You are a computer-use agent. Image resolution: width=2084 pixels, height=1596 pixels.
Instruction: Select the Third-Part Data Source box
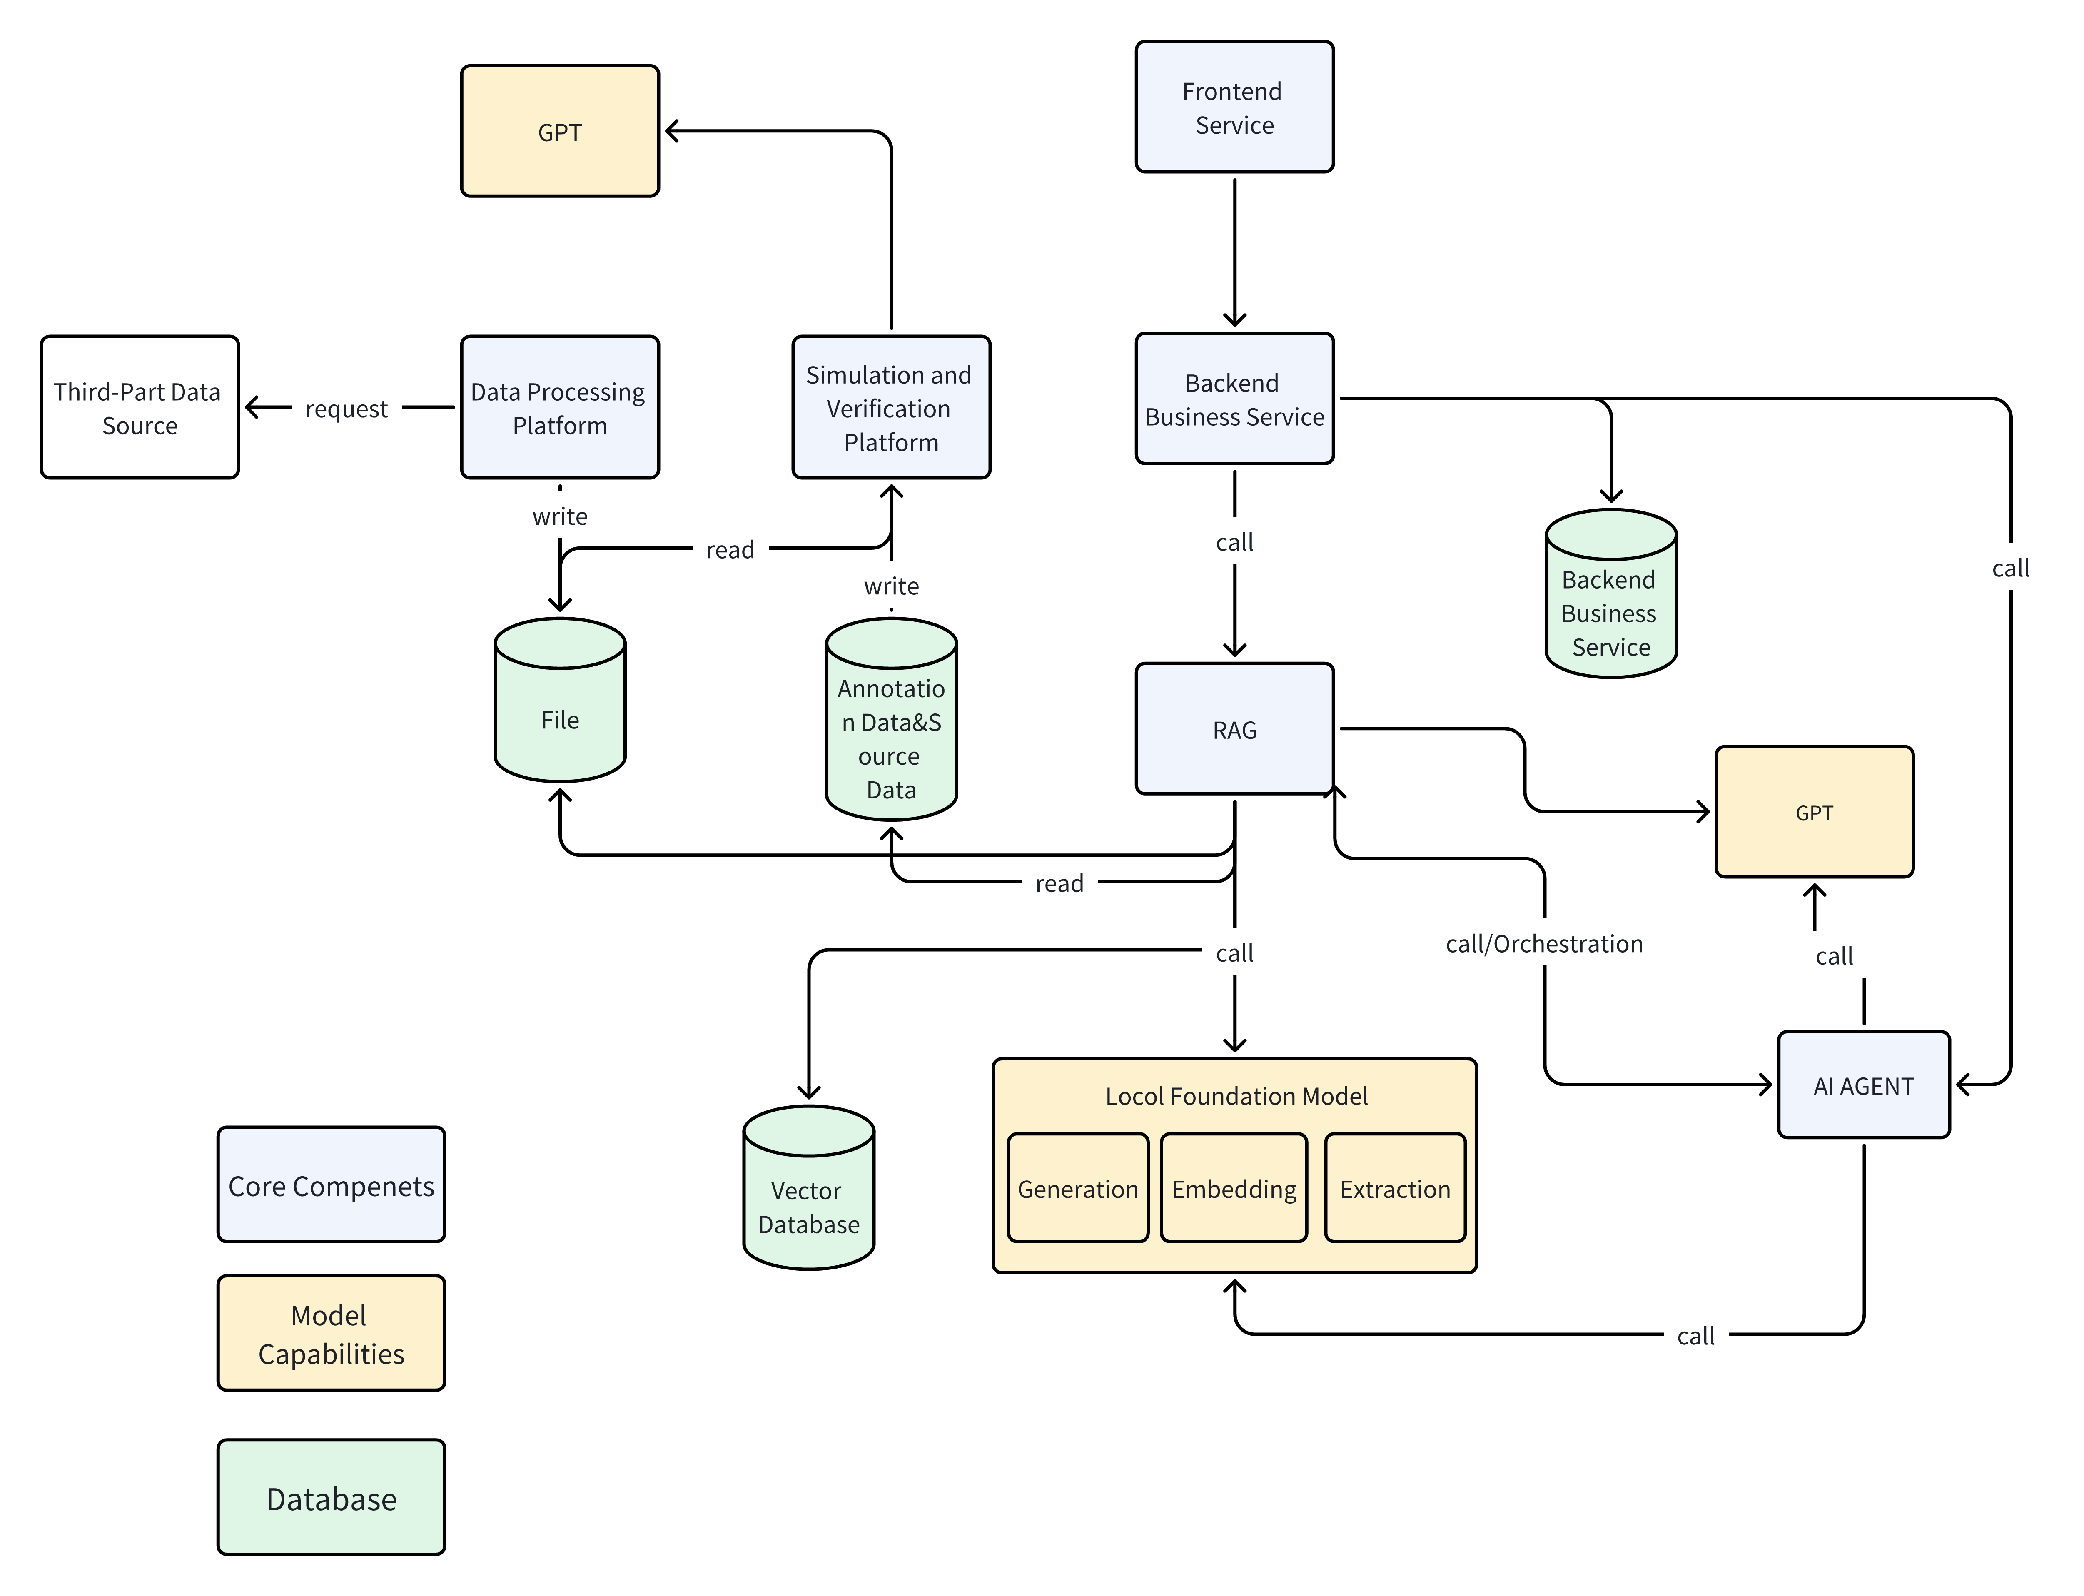(x=140, y=408)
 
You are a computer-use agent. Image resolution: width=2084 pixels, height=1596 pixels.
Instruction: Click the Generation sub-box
(x=1077, y=1188)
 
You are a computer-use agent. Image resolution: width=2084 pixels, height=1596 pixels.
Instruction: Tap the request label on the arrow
(x=346, y=409)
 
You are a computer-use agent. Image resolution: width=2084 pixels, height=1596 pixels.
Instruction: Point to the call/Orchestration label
(x=1543, y=943)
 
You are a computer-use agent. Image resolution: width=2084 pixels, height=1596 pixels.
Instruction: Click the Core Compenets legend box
(x=331, y=1185)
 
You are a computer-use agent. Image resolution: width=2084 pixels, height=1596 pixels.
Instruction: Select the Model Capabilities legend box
(x=331, y=1333)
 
